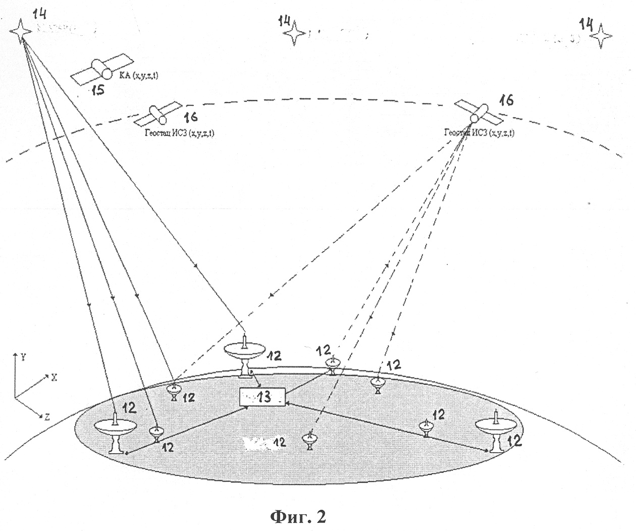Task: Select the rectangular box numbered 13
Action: [261, 397]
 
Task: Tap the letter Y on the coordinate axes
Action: [24, 356]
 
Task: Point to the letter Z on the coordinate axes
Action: [46, 417]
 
